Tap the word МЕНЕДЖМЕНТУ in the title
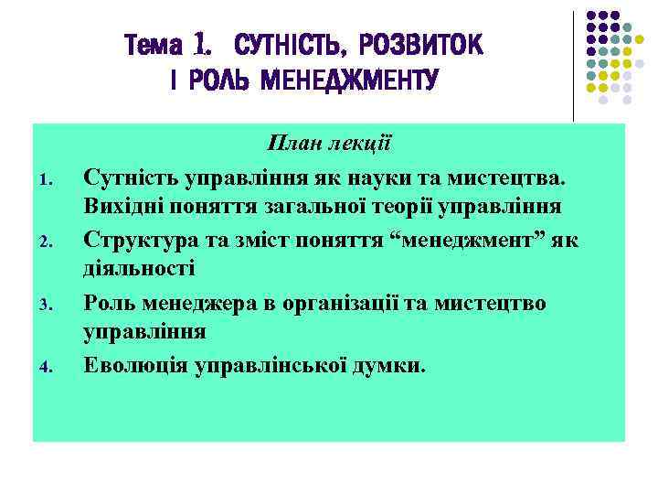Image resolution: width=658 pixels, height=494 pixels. (350, 81)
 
